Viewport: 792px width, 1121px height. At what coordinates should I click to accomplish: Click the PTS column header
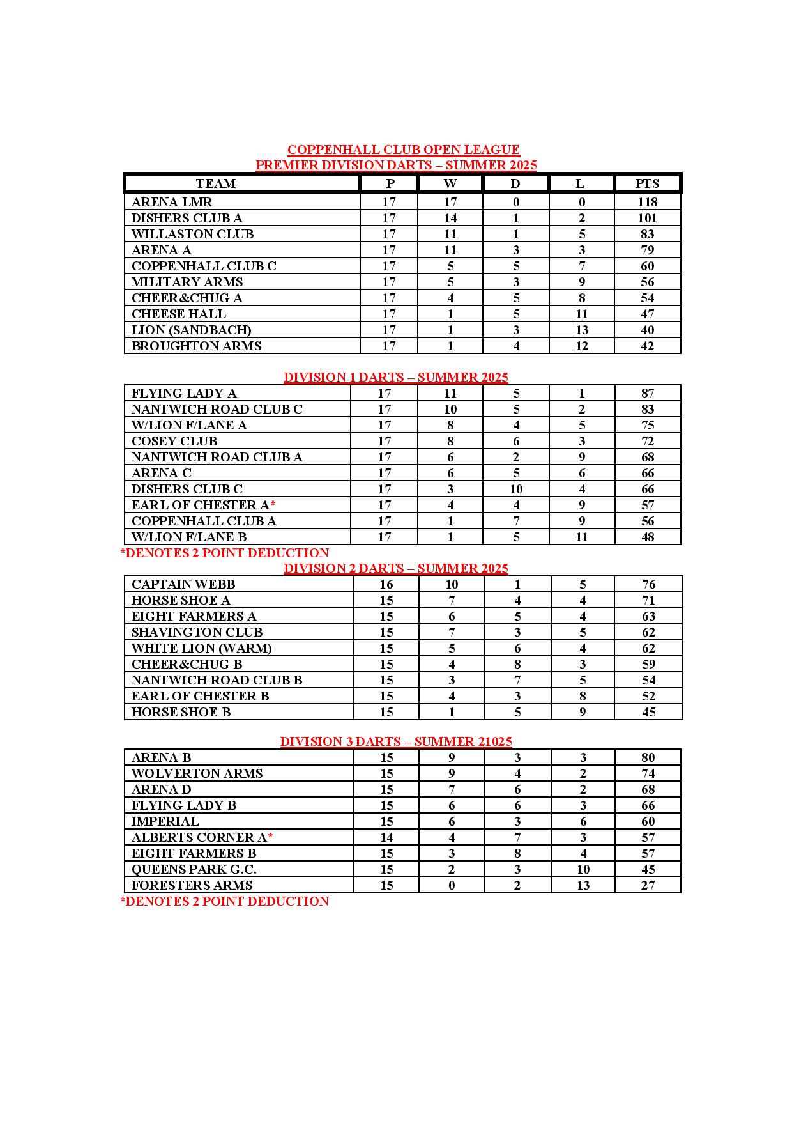click(646, 183)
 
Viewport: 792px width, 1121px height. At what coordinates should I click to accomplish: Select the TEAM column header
click(216, 183)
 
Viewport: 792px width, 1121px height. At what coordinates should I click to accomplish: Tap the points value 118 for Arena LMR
click(647, 202)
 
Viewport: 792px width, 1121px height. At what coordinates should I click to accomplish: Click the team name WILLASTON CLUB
click(192, 234)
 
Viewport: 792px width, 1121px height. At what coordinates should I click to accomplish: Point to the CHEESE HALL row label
click(179, 314)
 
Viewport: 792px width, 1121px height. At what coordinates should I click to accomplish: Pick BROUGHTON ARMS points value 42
click(647, 346)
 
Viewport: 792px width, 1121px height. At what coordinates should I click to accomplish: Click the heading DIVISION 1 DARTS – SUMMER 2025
click(396, 377)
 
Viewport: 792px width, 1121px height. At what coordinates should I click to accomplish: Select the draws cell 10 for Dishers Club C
click(516, 489)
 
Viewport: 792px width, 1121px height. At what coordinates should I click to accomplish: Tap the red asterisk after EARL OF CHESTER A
click(273, 505)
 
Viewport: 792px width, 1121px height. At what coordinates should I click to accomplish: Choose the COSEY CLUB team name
click(174, 441)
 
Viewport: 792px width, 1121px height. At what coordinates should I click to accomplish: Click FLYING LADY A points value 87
click(647, 393)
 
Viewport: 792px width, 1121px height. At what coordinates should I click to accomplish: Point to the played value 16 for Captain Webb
click(386, 584)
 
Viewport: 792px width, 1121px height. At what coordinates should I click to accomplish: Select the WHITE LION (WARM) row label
click(201, 648)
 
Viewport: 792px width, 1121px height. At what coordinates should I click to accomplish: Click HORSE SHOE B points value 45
click(648, 712)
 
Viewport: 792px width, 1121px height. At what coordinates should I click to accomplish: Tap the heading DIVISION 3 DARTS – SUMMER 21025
click(396, 741)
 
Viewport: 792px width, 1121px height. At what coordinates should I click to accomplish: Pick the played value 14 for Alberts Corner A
click(386, 837)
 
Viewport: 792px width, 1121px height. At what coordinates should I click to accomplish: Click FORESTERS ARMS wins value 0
click(452, 885)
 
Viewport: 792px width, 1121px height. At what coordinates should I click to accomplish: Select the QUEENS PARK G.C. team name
click(194, 869)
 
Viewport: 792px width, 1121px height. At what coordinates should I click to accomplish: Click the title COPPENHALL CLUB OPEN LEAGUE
click(403, 150)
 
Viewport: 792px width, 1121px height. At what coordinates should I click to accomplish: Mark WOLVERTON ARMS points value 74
click(648, 773)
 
